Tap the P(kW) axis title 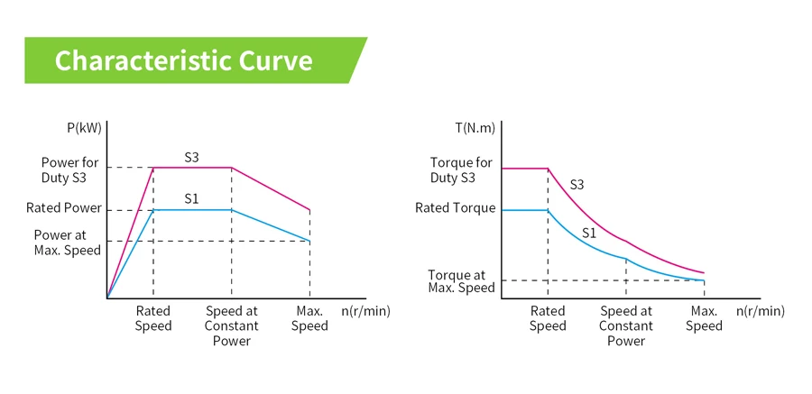pyautogui.click(x=85, y=128)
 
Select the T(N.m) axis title pyautogui.click(x=475, y=128)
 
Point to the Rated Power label pyautogui.click(x=64, y=208)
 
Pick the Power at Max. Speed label pyautogui.click(x=68, y=243)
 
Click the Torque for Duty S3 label pyautogui.click(x=461, y=170)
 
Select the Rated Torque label pyautogui.click(x=456, y=208)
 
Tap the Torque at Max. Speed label pyautogui.click(x=461, y=281)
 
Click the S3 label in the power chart pyautogui.click(x=191, y=157)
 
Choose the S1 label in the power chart pyautogui.click(x=191, y=198)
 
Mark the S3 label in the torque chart pyautogui.click(x=577, y=185)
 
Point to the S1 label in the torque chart pyautogui.click(x=589, y=233)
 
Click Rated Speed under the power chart pyautogui.click(x=153, y=318)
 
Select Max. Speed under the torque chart pyautogui.click(x=704, y=318)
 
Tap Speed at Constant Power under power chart pyautogui.click(x=232, y=325)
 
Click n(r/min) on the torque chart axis pyautogui.click(x=761, y=311)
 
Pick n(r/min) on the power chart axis pyautogui.click(x=366, y=311)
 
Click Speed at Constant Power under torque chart pyautogui.click(x=626, y=325)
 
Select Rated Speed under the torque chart pyautogui.click(x=548, y=318)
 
